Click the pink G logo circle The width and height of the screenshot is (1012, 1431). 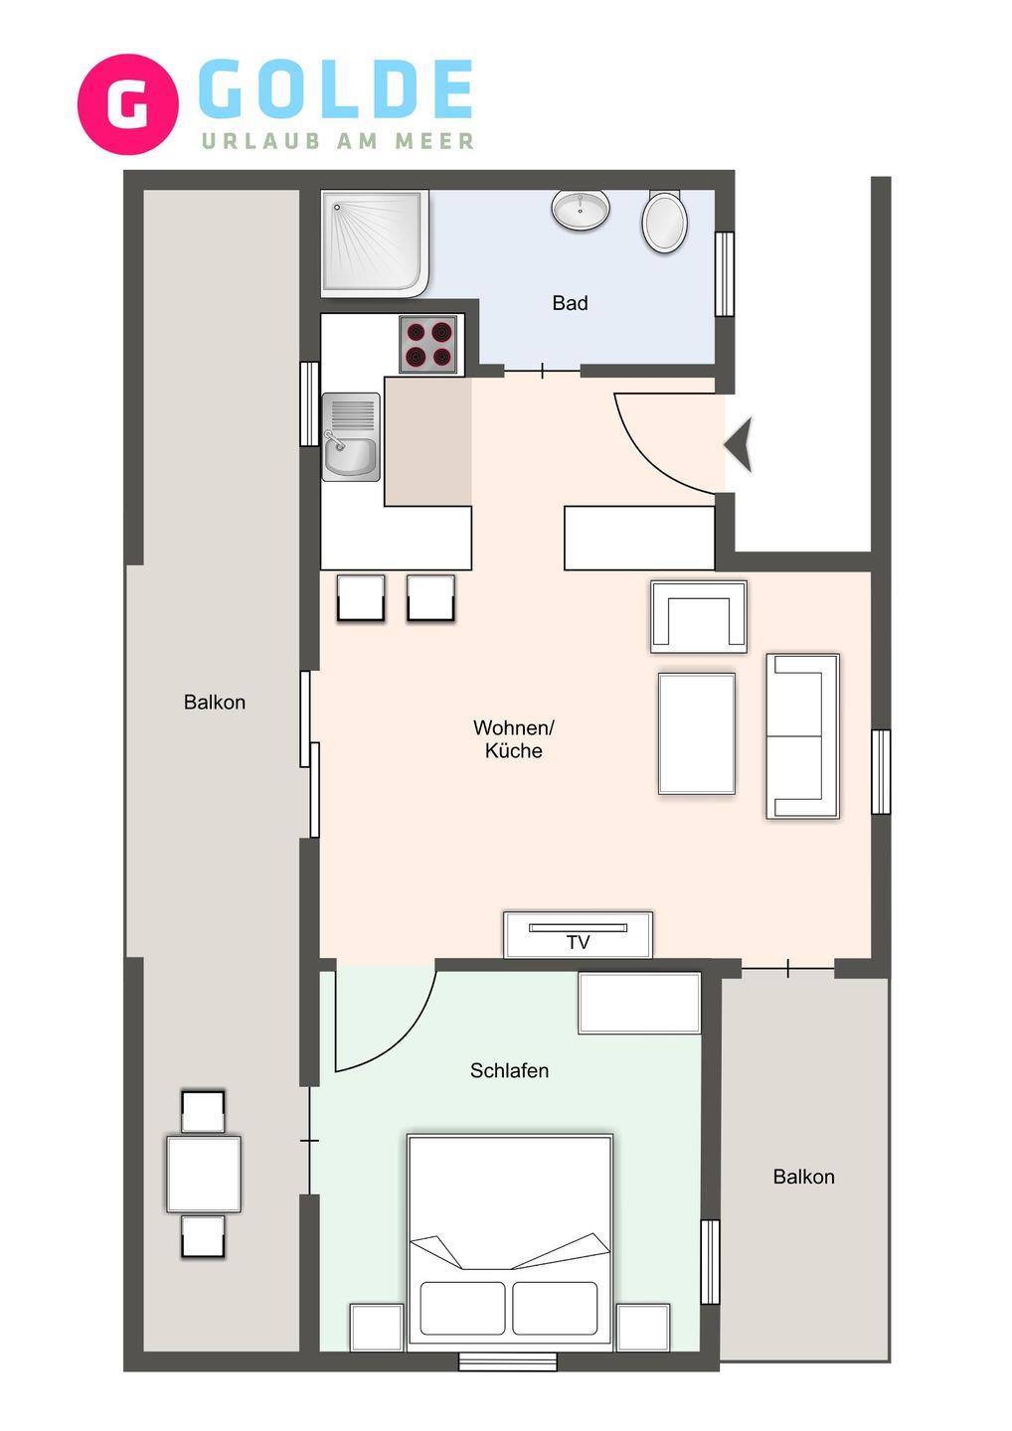[x=128, y=104]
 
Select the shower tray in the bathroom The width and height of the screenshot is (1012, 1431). [x=375, y=243]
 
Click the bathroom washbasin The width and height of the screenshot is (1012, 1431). [x=581, y=210]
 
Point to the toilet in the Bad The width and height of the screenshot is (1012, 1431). [x=665, y=221]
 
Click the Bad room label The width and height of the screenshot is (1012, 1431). [x=570, y=303]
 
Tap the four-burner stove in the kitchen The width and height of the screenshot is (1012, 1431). [x=428, y=344]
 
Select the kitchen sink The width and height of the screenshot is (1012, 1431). [x=351, y=436]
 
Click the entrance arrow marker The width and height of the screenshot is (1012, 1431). [x=739, y=444]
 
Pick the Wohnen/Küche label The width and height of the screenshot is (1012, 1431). [x=514, y=739]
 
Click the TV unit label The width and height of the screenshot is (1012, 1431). [x=578, y=942]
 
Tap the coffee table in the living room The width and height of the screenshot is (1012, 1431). [x=697, y=733]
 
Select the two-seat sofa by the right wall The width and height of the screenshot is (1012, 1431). [x=803, y=736]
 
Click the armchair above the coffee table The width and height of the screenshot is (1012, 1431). [x=698, y=617]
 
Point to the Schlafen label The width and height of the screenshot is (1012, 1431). [x=509, y=1070]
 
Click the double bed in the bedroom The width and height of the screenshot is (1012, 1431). [x=510, y=1242]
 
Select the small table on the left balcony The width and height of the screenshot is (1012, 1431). [x=204, y=1174]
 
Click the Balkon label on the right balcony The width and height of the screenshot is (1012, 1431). [x=803, y=1177]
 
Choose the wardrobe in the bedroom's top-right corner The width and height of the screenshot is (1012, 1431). [x=639, y=1003]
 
